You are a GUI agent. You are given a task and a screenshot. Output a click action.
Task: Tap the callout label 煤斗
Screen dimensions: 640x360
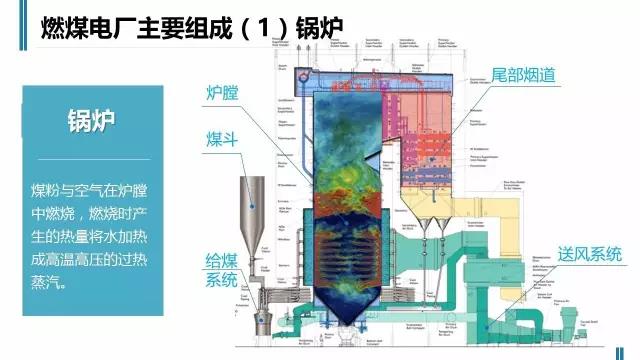click(220, 138)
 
